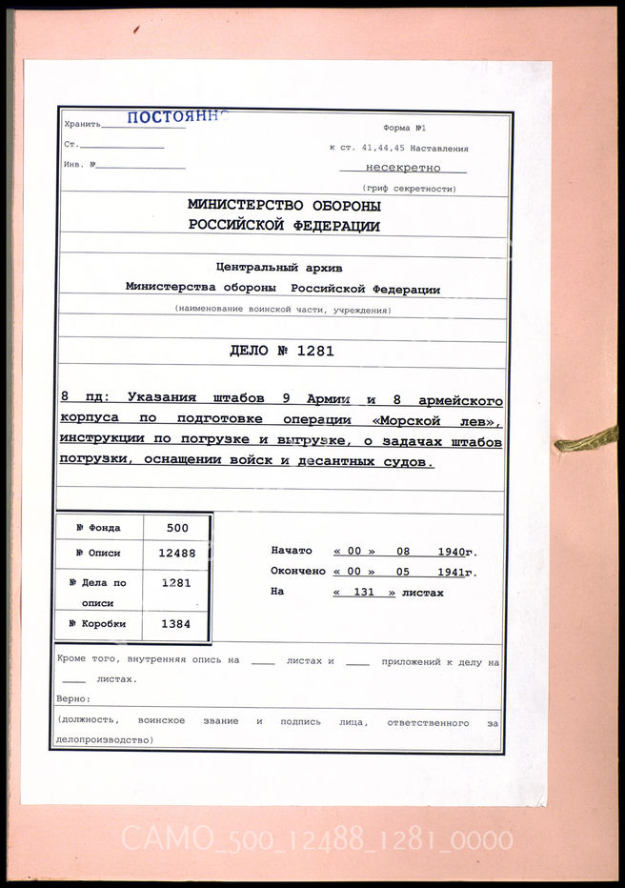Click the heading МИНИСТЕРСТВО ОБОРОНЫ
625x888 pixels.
[x=284, y=206]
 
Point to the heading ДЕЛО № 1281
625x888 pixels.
[x=282, y=351]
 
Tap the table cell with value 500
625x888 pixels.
[x=177, y=528]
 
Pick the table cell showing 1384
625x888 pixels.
[x=177, y=624]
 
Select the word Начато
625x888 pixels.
[x=292, y=552]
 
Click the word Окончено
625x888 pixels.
[x=298, y=572]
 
